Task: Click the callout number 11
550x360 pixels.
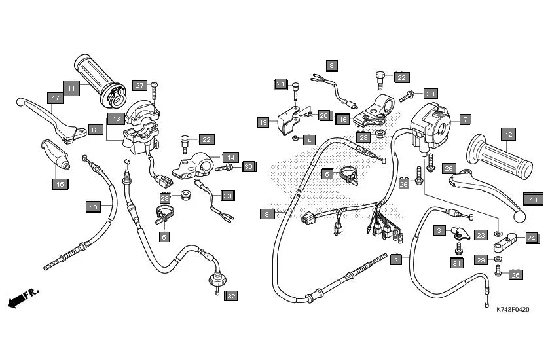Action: (x=71, y=87)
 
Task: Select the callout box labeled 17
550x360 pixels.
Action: (x=56, y=98)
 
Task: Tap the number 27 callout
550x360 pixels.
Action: (x=139, y=85)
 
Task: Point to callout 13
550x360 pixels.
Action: (x=115, y=118)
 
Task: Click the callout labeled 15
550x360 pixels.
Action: (x=60, y=184)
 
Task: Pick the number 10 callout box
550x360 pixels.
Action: (x=93, y=207)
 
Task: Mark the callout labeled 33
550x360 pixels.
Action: (x=227, y=196)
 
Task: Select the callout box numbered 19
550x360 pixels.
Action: (x=263, y=122)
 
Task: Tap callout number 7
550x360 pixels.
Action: (x=464, y=119)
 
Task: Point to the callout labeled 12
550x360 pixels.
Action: (x=507, y=135)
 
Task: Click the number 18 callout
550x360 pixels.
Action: (x=533, y=200)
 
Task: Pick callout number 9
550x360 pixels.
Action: (x=266, y=213)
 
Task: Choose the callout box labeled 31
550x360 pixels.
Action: (x=456, y=262)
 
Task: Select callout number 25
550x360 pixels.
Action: (x=515, y=274)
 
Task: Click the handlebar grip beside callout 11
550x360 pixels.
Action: (x=98, y=72)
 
